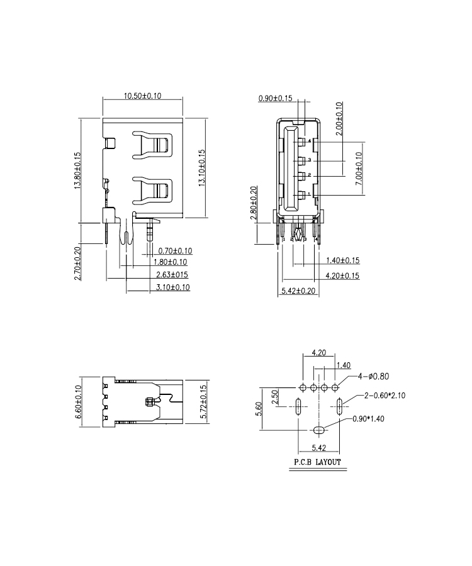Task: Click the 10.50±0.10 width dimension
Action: (x=142, y=96)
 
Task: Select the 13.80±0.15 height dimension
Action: (x=77, y=170)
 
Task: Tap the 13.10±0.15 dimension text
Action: (x=201, y=168)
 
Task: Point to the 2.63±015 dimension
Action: (x=172, y=275)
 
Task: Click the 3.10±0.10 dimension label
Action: (x=172, y=287)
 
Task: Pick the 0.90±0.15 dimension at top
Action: (x=275, y=98)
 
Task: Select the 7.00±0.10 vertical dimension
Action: (x=359, y=169)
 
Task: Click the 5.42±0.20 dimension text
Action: (x=298, y=291)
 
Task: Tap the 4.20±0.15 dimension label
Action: (x=342, y=276)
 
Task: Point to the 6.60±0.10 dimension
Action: (x=79, y=402)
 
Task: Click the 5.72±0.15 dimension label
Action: (x=203, y=402)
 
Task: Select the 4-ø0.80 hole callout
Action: (x=373, y=377)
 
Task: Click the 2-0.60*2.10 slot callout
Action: (x=385, y=396)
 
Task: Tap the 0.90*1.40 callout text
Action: (x=368, y=419)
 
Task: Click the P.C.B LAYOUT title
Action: (x=317, y=462)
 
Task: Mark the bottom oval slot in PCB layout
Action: (x=318, y=430)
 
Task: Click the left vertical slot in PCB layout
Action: (x=298, y=407)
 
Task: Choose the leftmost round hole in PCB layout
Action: (x=303, y=387)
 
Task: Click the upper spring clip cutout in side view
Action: (x=152, y=145)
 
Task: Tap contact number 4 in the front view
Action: (x=309, y=141)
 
